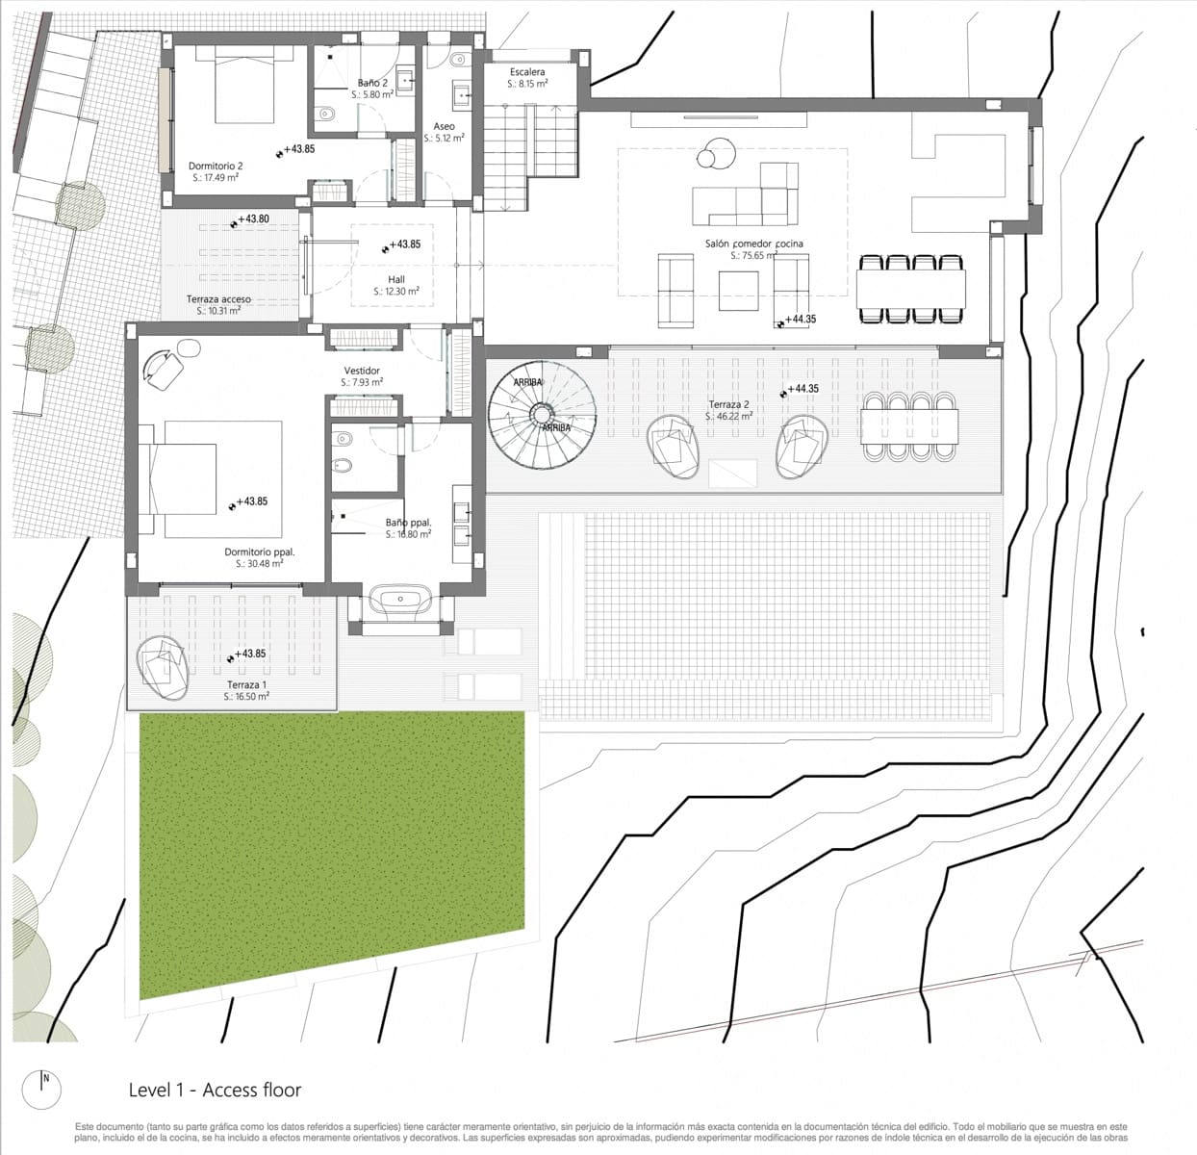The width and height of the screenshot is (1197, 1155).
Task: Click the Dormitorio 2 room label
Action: coord(216,166)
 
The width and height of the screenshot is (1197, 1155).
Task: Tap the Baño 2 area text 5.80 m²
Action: coord(372,95)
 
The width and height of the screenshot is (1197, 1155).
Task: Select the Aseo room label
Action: coord(444,126)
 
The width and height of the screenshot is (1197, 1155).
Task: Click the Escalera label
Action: coord(527,72)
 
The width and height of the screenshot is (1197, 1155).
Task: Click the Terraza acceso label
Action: coord(218,299)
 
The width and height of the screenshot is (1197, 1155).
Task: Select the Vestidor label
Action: coord(362,371)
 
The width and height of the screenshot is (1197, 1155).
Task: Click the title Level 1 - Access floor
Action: coord(215,1090)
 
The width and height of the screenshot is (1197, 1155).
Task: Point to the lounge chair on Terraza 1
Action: coord(163,667)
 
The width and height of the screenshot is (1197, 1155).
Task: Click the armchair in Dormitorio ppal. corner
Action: coord(166,367)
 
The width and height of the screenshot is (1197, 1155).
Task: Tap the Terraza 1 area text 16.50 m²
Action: coord(246,696)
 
